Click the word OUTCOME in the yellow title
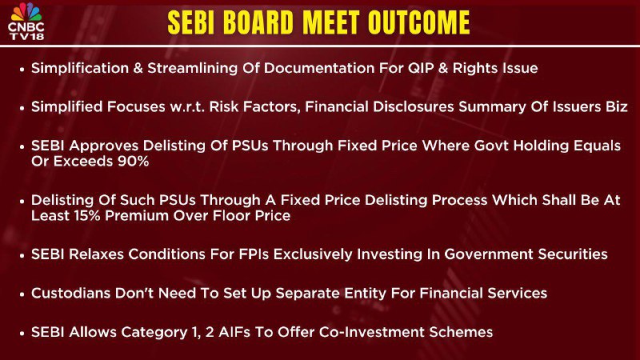point(418,22)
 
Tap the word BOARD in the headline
point(258,22)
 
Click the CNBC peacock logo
point(26,12)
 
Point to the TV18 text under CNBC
point(26,36)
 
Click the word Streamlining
point(192,68)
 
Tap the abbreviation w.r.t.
point(187,107)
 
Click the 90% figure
point(133,162)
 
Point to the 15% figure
point(87,216)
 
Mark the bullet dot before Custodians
point(22,294)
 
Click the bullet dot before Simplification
point(22,70)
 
